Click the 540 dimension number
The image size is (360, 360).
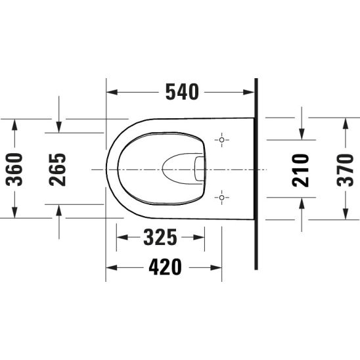(182, 92)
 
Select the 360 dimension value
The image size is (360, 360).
(14, 169)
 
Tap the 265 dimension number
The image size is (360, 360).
(57, 169)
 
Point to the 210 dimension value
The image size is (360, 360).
(300, 170)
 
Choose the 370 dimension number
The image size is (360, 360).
(345, 170)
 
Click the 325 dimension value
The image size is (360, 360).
(160, 237)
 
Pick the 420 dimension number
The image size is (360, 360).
(165, 267)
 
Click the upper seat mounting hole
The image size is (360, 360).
(221, 139)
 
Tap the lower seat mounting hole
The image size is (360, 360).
(221, 197)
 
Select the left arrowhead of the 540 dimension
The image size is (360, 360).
(112, 92)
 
